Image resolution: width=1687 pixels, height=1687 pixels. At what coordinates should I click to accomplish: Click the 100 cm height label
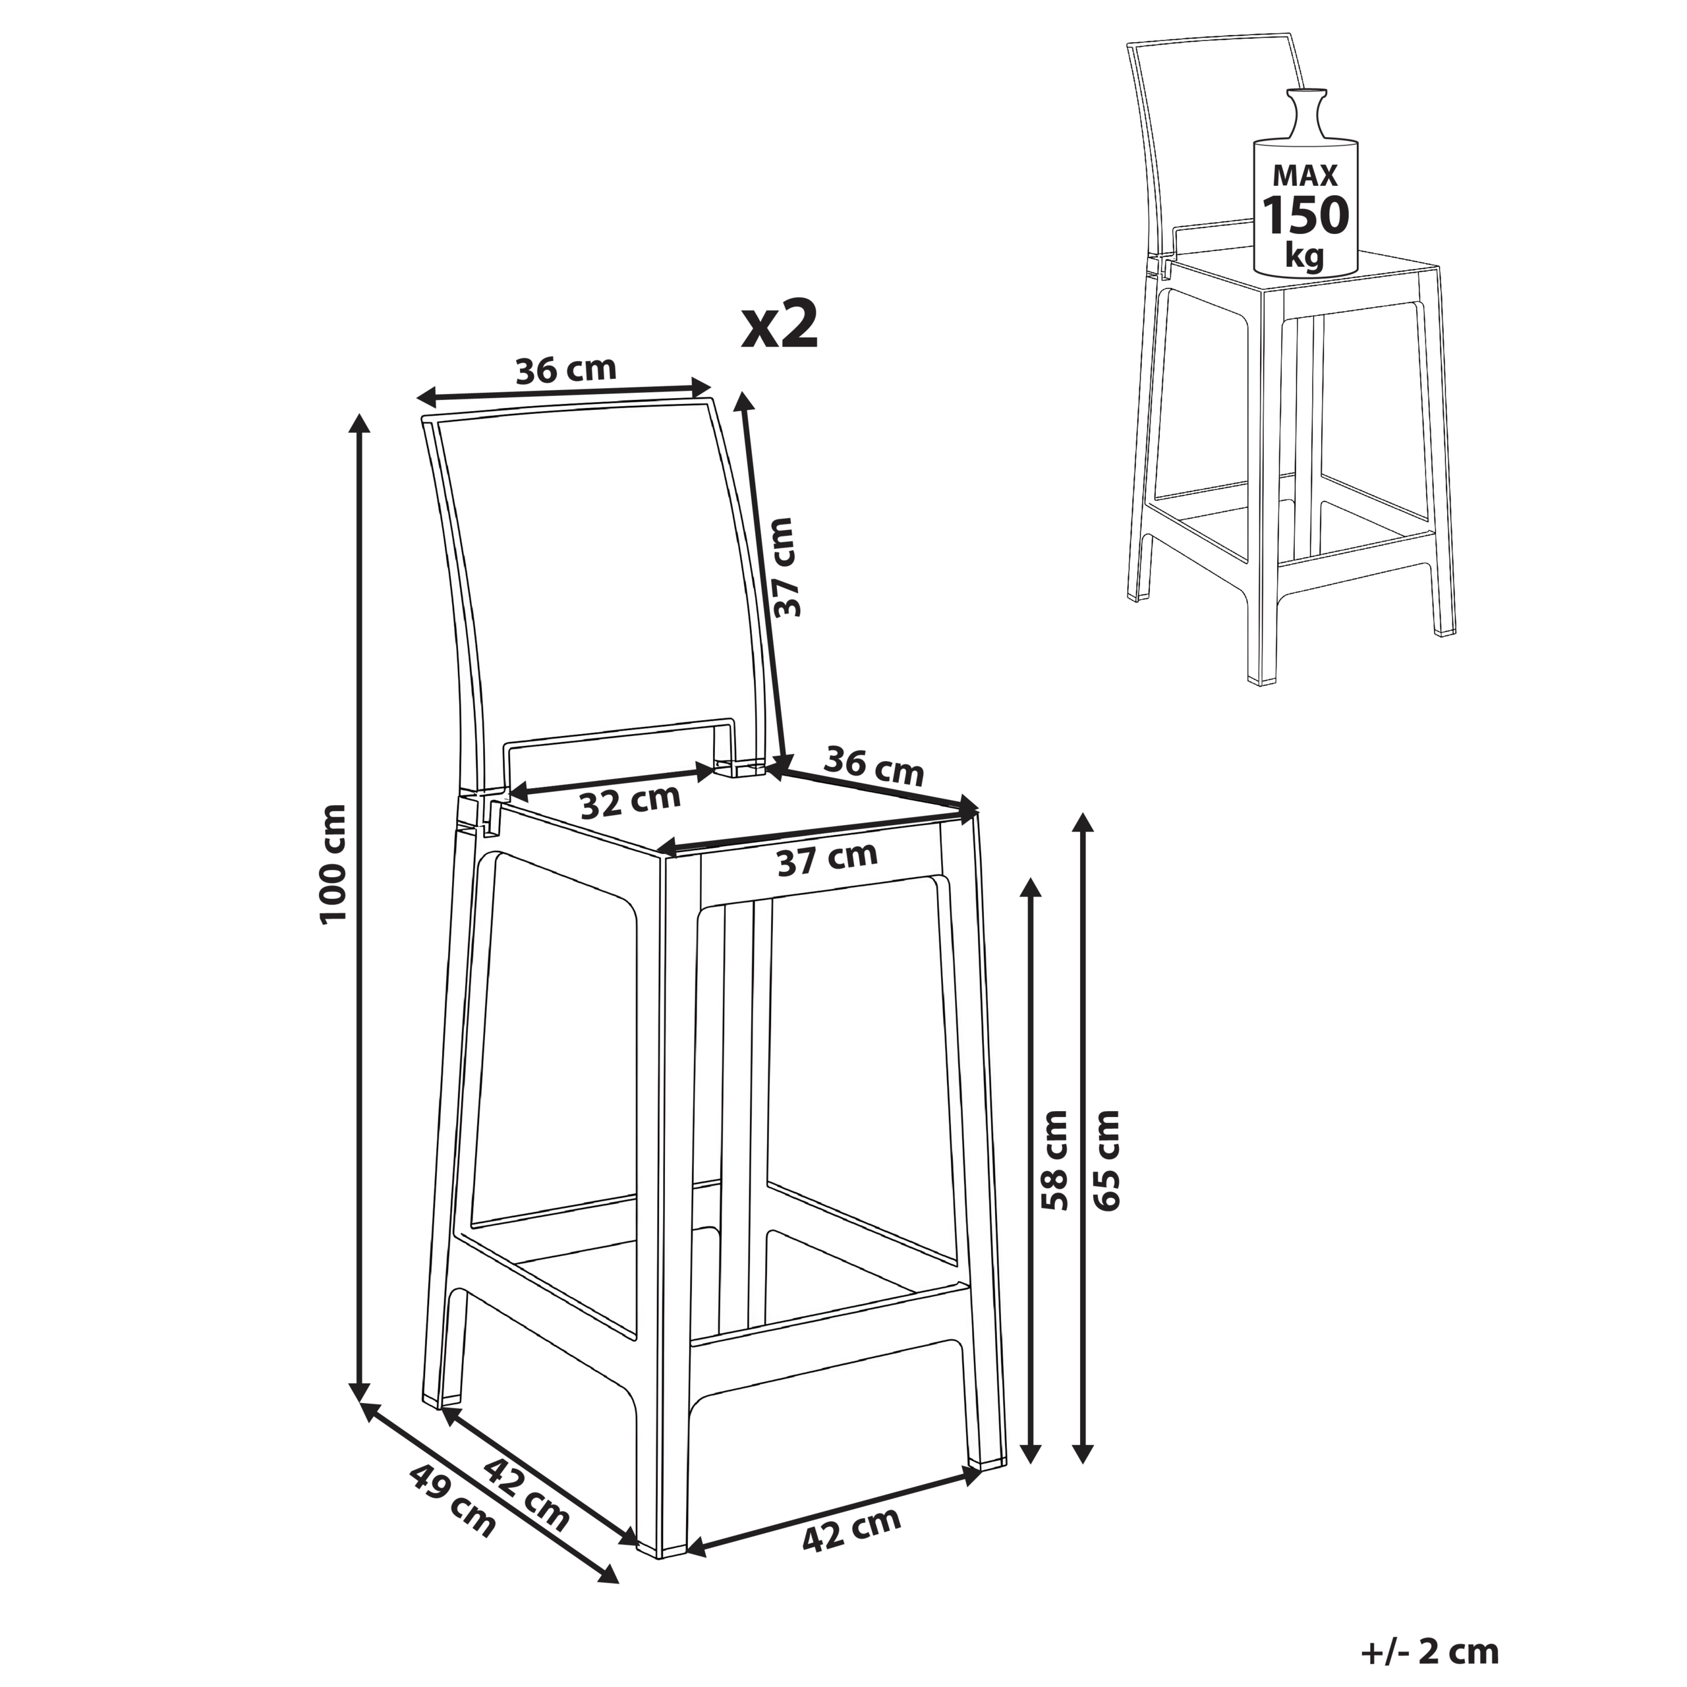[x=334, y=863]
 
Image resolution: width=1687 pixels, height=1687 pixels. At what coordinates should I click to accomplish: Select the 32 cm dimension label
[x=631, y=801]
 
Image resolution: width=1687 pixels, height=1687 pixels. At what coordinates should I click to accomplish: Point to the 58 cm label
[x=1055, y=1160]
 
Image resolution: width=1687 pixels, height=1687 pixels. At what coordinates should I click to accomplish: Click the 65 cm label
[x=1106, y=1160]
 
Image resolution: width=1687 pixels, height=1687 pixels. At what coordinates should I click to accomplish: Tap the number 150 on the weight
[x=1306, y=215]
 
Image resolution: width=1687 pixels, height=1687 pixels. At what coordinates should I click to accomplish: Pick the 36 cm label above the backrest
[x=566, y=370]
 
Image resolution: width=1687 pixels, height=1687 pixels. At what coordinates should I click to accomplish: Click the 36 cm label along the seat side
[x=873, y=766]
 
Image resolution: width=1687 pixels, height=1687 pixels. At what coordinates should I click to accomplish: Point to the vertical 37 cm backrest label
[x=786, y=567]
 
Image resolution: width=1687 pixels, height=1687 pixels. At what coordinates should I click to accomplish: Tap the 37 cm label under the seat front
[x=827, y=859]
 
